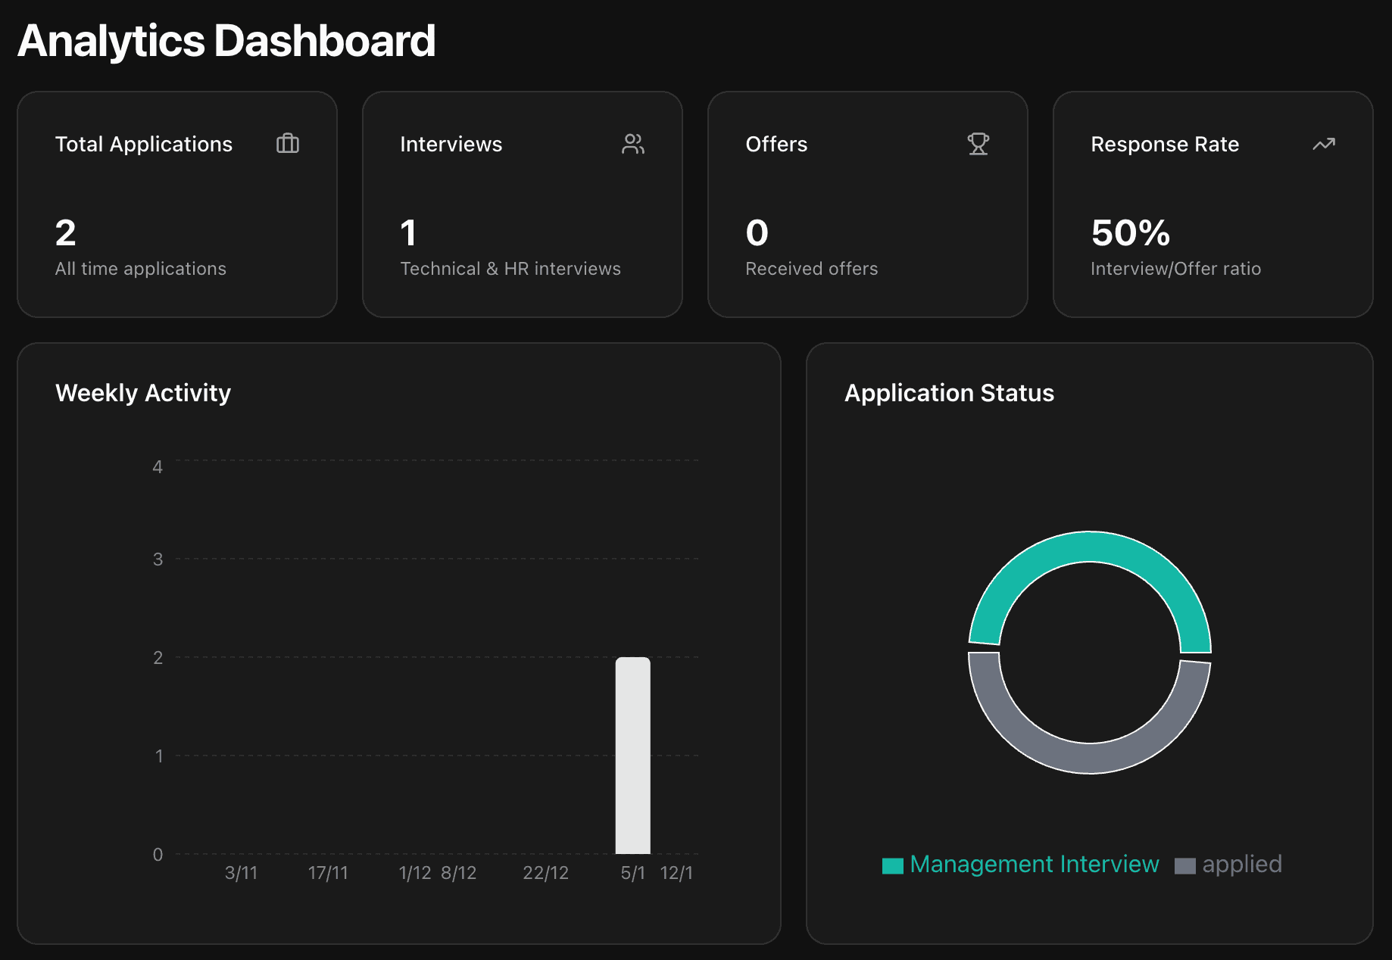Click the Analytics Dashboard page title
[226, 41]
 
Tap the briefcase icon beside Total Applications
[288, 144]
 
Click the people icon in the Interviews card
[633, 144]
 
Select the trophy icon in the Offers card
[978, 144]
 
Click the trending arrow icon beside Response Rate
[1323, 144]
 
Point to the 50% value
[1130, 233]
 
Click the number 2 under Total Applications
[66, 233]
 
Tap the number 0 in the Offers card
[757, 233]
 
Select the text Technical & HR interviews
[510, 269]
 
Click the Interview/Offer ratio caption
[1175, 269]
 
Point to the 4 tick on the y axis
[158, 467]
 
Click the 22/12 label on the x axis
[545, 873]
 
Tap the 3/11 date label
[241, 873]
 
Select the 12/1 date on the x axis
[676, 873]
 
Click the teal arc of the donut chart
[1089, 547]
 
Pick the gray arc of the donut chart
[1089, 758]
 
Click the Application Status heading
[949, 393]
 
